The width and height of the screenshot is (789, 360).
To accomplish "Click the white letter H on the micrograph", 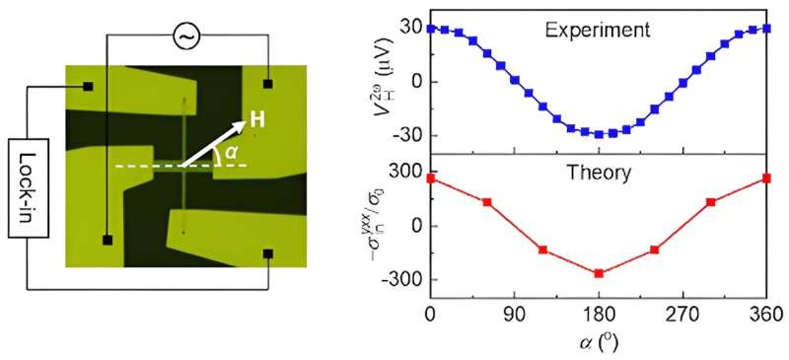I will click(x=256, y=118).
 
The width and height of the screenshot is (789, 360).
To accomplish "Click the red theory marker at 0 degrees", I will click(x=431, y=178).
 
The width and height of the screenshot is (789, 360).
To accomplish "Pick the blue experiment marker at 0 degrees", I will click(x=431, y=29).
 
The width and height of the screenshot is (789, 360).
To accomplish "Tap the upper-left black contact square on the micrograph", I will click(x=88, y=87).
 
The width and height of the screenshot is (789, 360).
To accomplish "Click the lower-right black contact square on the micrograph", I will click(x=267, y=253).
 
